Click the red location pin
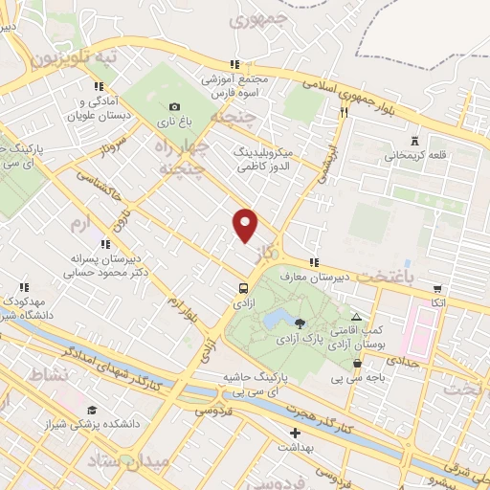coord(246,224)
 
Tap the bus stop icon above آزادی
coord(243,287)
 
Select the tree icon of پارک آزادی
coord(301,323)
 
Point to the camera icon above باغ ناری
coord(173,107)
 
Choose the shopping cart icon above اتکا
coord(437,287)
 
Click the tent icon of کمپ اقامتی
coord(357,316)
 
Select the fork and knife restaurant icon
coord(343,112)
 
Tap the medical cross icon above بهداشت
coord(295,433)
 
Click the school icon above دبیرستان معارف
coord(313,263)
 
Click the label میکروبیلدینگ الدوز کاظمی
coord(275,158)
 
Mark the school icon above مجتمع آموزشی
coord(235,63)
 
